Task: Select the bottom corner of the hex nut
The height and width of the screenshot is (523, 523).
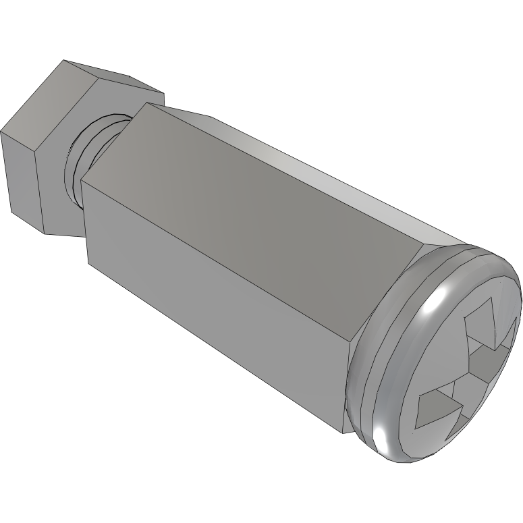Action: pyautogui.click(x=46, y=233)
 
